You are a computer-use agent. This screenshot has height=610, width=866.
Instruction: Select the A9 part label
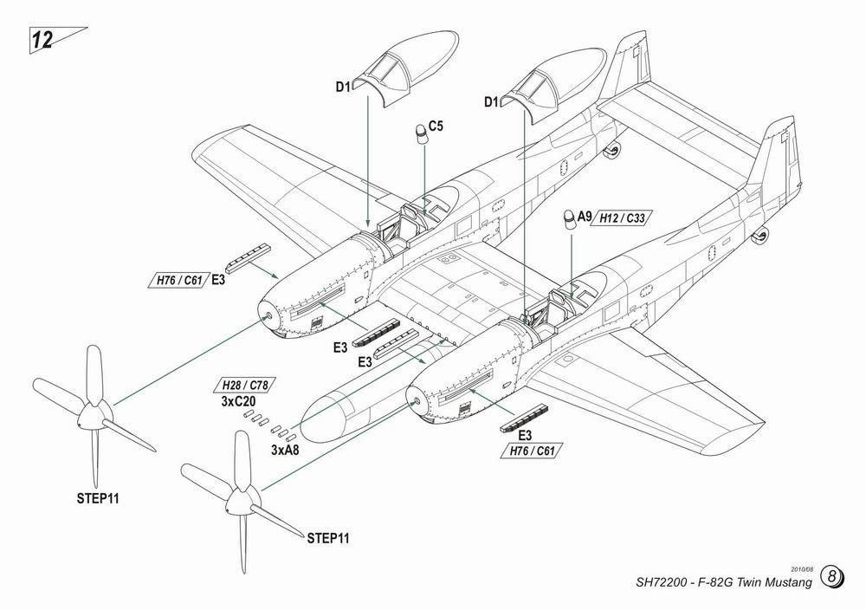coord(584,217)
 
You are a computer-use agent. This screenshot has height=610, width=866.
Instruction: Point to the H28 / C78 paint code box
coord(248,385)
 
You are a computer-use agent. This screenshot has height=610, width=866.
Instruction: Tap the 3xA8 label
coord(285,451)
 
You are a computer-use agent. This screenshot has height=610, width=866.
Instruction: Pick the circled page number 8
coord(832,577)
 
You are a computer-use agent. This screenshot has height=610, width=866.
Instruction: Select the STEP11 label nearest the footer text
coord(328,538)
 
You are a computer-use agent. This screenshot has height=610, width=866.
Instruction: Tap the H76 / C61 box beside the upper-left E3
coord(179,281)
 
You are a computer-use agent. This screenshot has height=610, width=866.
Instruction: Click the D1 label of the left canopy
coord(345,85)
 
